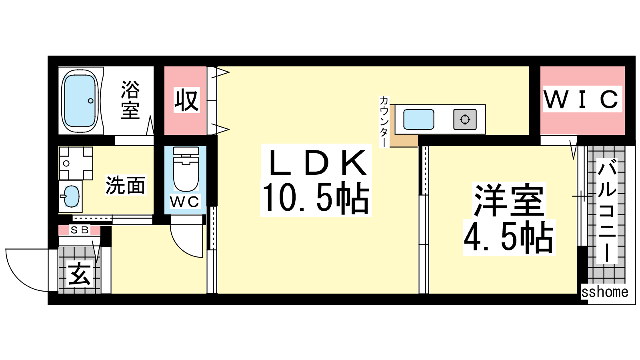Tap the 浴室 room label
(130, 100)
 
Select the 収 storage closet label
(186, 100)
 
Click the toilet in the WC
(186, 169)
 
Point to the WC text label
(184, 202)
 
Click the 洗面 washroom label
(126, 185)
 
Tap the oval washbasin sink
(71, 196)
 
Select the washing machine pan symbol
(76, 163)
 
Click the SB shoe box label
(80, 230)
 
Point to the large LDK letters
(316, 162)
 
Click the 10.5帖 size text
(316, 199)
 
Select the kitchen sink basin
(418, 120)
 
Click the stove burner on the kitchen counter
(465, 120)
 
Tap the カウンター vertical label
(384, 122)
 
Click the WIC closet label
(582, 99)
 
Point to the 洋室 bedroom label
(509, 200)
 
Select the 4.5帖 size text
(509, 238)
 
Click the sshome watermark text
(605, 292)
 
